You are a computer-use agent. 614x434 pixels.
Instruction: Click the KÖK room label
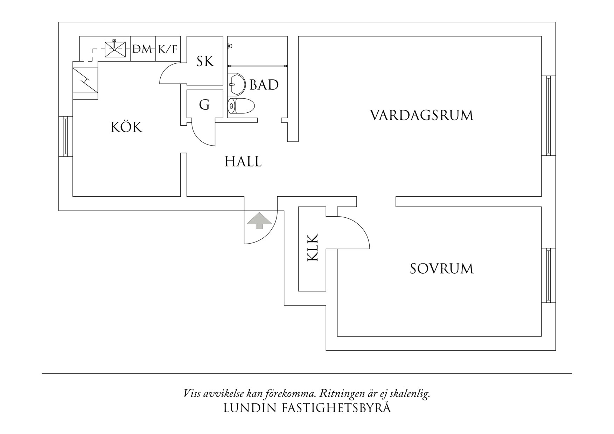[127, 127]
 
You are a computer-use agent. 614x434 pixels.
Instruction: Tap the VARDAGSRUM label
[421, 115]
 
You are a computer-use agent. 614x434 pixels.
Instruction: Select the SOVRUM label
[441, 269]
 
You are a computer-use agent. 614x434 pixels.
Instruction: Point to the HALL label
[243, 162]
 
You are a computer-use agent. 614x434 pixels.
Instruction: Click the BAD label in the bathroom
[264, 85]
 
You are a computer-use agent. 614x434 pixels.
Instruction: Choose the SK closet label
[205, 62]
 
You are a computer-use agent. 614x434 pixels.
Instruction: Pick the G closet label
[204, 105]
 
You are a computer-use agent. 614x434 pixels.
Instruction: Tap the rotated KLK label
[312, 247]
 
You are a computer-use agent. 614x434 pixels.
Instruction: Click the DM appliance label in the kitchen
[143, 49]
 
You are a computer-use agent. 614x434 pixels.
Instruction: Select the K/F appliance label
[168, 49]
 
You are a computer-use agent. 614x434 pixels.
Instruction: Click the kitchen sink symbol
[115, 49]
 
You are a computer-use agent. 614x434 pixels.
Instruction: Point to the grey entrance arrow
[259, 221]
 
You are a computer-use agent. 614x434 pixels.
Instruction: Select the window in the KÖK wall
[65, 136]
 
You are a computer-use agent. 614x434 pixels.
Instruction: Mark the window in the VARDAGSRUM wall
[549, 115]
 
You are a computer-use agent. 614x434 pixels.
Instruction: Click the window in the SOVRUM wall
[549, 275]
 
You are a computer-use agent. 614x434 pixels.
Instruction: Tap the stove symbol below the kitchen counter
[85, 80]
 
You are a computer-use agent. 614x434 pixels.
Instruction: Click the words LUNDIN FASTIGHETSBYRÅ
[307, 408]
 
